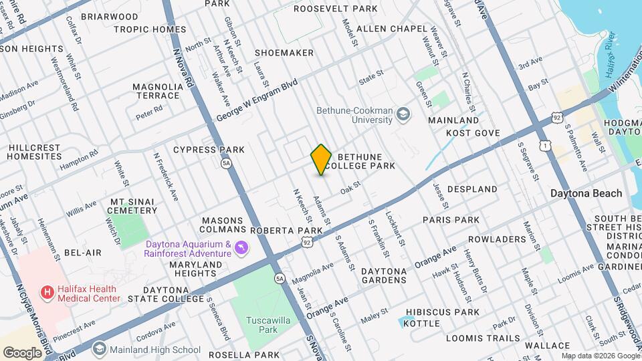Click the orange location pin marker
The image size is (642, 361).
pos(321,160)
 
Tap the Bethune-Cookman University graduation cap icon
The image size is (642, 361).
pos(403,114)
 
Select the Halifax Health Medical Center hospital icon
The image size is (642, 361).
pos(47,292)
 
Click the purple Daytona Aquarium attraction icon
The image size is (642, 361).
pos(242,248)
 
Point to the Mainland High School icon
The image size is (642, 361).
pos(100,349)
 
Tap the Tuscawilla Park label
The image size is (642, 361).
pos(259,325)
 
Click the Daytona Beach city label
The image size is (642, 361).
pos(586,193)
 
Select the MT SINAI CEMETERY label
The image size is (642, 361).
pos(132,206)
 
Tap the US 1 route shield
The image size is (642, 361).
pos(546,145)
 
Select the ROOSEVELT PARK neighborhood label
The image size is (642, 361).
pos(335,9)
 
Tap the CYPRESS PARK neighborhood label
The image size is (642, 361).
pos(209,150)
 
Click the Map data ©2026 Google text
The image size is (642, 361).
pos(600,356)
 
